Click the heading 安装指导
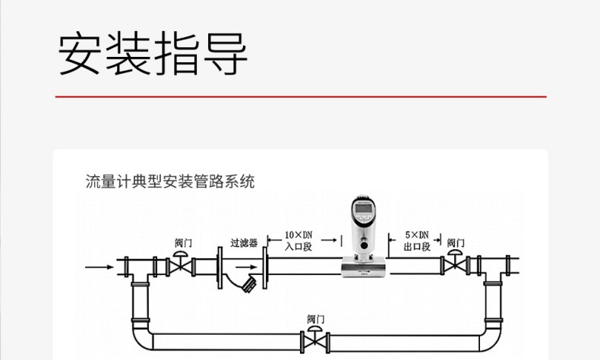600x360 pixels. click(153, 55)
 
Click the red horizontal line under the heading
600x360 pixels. click(301, 97)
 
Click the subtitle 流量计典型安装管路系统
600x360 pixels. click(170, 182)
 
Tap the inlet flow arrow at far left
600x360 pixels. click(97, 267)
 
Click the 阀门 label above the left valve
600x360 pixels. click(183, 243)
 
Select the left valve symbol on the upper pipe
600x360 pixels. click(181, 265)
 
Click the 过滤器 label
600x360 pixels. click(244, 243)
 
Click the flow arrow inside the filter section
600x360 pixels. click(246, 267)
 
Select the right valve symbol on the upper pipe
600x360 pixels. click(454, 265)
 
